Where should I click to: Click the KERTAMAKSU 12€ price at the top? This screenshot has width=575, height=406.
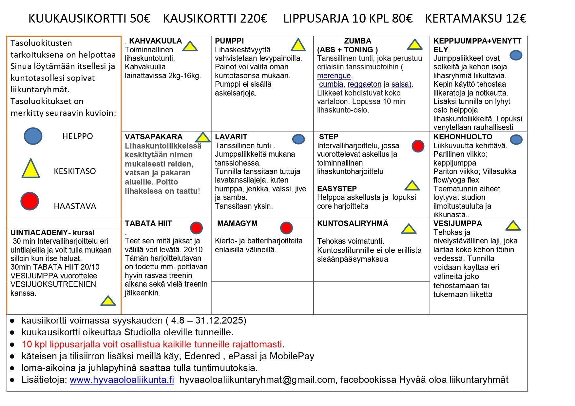coord(475,19)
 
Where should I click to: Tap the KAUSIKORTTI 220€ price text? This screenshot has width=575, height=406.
coord(215,19)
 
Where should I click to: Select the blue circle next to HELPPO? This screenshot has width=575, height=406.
coord(33,136)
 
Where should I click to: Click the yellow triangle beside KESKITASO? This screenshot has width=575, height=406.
coord(30,169)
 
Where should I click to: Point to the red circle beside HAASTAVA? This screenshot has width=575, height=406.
coord(29,201)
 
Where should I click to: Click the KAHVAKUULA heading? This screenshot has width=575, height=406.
coord(155,41)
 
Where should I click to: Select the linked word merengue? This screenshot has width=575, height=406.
coord(334,76)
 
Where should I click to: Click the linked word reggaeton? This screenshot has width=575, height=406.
coord(364,84)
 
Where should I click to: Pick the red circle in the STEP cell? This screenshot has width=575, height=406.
coord(418,146)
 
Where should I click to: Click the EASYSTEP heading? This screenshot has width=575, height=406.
coord(337,189)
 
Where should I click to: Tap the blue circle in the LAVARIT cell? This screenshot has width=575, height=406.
coord(298,139)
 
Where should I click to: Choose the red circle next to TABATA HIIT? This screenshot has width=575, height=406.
coord(196,228)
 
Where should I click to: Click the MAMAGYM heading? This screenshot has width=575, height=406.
coord(237,223)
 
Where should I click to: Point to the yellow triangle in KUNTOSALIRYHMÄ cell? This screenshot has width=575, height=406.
coord(409,229)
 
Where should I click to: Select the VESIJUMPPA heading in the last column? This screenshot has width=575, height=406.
coord(457,223)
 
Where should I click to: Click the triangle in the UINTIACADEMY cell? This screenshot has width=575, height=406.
coord(108,301)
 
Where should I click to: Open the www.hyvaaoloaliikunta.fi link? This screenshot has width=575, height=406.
coord(122,380)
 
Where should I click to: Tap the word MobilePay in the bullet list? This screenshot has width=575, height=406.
coord(292,356)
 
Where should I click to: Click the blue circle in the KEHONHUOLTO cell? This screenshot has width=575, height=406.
coord(516,140)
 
